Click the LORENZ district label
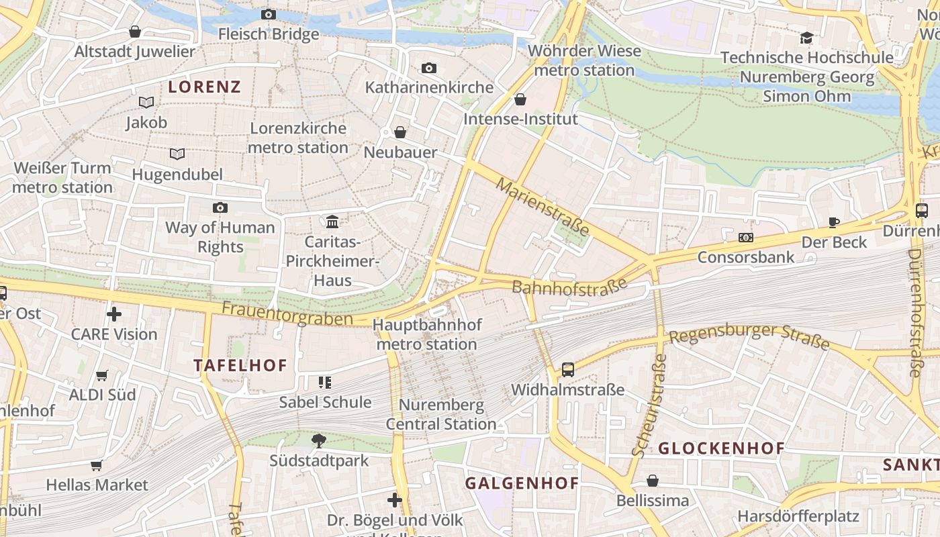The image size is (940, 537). pyautogui.click(x=204, y=87)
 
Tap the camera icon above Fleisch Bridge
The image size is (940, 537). pyautogui.click(x=268, y=14)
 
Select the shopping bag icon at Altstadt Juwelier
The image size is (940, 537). pyautogui.click(x=135, y=32)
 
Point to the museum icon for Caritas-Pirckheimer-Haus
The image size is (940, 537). pyautogui.click(x=332, y=222)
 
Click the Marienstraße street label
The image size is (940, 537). pyautogui.click(x=543, y=206)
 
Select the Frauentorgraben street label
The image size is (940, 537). pyautogui.click(x=287, y=313)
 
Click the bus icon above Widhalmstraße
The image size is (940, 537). pyautogui.click(x=568, y=369)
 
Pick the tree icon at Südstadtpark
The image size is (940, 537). pyautogui.click(x=319, y=440)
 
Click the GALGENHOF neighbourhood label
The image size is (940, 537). pyautogui.click(x=522, y=483)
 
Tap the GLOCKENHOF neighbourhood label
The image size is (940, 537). pyautogui.click(x=721, y=448)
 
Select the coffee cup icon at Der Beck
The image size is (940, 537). pyautogui.click(x=833, y=222)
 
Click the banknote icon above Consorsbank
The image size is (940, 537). pyautogui.click(x=745, y=238)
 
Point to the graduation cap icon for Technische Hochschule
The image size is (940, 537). pyautogui.click(x=806, y=38)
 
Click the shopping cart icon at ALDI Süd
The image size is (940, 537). pyautogui.click(x=102, y=375)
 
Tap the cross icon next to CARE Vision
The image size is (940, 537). pyautogui.click(x=114, y=314)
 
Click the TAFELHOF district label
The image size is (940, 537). pyautogui.click(x=240, y=366)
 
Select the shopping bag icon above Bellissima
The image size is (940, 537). pyautogui.click(x=653, y=481)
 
